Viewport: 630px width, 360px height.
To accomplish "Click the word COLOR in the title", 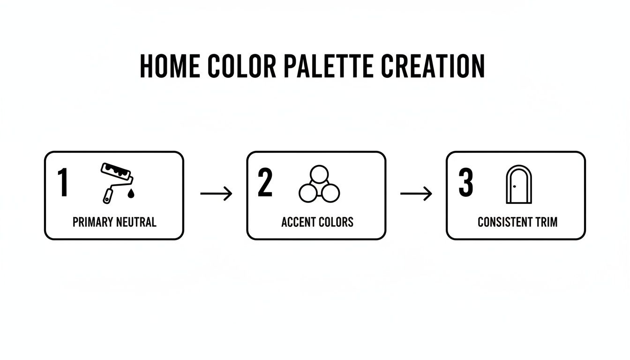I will tap(242, 66).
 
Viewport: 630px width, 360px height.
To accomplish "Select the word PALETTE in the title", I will tap(329, 66).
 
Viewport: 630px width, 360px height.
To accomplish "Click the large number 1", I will tap(63, 183).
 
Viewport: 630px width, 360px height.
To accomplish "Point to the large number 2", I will tap(265, 183).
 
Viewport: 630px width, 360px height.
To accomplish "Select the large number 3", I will tap(465, 183).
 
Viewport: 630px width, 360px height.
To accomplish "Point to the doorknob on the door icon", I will tap(514, 187).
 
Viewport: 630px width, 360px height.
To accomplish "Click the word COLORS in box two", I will tap(336, 222).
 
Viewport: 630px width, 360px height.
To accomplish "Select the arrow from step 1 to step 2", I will tap(216, 194).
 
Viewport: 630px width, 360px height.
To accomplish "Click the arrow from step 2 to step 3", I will tap(416, 194).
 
